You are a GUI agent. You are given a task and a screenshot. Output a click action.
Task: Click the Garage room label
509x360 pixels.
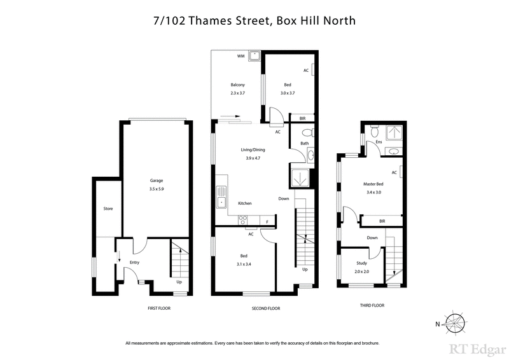(156, 181)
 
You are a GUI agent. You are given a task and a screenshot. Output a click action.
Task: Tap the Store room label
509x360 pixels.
(108, 208)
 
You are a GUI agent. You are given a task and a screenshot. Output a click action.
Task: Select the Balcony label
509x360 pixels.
(238, 85)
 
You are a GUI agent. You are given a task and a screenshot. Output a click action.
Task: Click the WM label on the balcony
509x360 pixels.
(241, 57)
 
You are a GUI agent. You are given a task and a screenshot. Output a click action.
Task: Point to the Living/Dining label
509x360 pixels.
(253, 149)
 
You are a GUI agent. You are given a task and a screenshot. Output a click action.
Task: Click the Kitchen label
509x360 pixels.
(245, 203)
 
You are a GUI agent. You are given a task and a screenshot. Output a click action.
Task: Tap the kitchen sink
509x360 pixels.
(221, 197)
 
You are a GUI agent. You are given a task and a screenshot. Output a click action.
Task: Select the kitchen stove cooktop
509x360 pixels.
(242, 219)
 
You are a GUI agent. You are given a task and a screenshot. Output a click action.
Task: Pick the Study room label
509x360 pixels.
(361, 264)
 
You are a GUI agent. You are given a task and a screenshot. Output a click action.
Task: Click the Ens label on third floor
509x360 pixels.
(379, 141)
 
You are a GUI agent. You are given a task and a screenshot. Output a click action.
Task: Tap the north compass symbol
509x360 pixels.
(454, 323)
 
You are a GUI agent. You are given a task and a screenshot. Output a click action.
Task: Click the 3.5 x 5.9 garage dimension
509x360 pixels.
(156, 189)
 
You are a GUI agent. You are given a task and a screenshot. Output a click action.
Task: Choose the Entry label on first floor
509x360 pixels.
(134, 262)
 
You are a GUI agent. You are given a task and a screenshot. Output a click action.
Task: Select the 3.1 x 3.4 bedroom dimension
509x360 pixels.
(244, 264)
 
